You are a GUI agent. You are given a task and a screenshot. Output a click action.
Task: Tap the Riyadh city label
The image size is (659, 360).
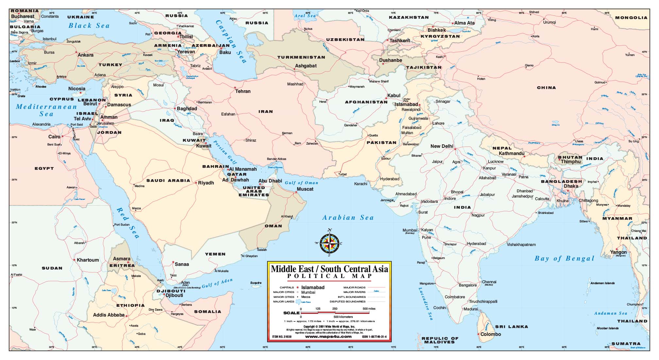click(206, 183)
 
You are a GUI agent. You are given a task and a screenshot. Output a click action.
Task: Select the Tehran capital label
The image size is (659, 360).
click(243, 91)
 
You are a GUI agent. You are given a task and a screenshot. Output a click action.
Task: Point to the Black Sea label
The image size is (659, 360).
click(89, 26)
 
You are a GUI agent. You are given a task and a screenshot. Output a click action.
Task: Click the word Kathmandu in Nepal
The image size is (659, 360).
click(512, 153)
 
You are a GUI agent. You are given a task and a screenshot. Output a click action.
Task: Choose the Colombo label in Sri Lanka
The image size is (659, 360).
click(490, 334)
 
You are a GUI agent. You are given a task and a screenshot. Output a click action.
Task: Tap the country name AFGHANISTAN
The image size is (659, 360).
click(366, 102)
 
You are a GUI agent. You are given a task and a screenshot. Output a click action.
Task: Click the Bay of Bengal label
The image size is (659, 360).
click(564, 258)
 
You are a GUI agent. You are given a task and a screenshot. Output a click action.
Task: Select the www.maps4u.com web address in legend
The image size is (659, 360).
click(328, 336)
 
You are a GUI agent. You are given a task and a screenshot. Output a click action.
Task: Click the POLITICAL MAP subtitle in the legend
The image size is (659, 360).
click(329, 276)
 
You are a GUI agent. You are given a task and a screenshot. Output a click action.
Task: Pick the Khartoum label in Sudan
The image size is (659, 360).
click(88, 260)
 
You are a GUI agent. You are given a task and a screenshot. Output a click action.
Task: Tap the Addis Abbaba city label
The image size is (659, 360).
click(109, 315)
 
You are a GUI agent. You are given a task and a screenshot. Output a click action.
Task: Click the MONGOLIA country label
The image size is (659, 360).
click(631, 18)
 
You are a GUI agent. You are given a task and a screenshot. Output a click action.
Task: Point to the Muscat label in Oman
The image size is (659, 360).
click(305, 189)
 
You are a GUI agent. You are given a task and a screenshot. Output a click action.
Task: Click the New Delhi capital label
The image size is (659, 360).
click(442, 146)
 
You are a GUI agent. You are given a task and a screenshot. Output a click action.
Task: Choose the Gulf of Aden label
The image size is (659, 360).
click(217, 283)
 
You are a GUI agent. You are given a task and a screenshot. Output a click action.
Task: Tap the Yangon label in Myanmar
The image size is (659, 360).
click(618, 252)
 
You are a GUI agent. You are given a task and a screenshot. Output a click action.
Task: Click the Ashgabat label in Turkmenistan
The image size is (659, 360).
click(306, 66)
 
